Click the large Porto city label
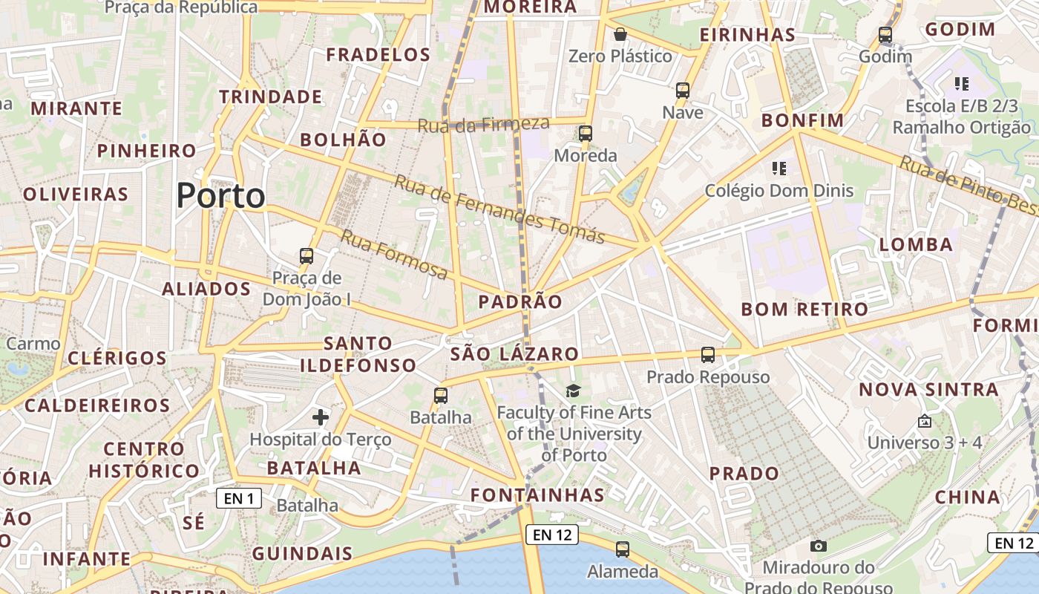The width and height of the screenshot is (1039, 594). (x=220, y=196)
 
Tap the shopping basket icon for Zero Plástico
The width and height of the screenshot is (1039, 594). (x=620, y=34)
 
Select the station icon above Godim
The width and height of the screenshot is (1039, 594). (x=885, y=35)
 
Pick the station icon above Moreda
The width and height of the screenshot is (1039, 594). (x=586, y=134)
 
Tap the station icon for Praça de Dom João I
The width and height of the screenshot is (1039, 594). (x=307, y=256)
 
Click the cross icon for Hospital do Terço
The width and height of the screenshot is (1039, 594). (x=321, y=417)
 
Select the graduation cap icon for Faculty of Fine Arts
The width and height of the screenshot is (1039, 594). (x=573, y=391)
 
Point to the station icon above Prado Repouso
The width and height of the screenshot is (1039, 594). (x=708, y=355)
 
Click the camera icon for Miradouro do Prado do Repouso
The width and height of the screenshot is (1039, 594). (x=819, y=546)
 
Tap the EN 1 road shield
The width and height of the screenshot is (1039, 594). (x=239, y=498)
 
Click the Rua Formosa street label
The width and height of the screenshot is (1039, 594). (x=394, y=255)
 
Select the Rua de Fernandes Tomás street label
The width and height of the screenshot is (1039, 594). (x=499, y=209)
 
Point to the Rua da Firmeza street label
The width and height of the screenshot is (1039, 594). (x=483, y=125)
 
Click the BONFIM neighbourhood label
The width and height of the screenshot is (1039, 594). (x=803, y=120)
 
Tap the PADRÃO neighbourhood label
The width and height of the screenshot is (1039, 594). (x=520, y=301)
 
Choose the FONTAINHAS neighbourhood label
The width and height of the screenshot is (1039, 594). (x=538, y=495)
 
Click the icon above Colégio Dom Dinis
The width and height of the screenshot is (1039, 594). (x=779, y=169)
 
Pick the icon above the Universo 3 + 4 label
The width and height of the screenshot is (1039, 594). (x=924, y=421)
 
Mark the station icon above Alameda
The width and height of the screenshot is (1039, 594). (x=622, y=549)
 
